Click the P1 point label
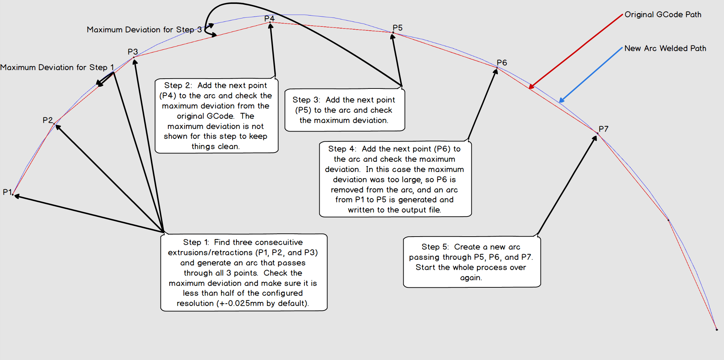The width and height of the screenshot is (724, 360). click(7, 192)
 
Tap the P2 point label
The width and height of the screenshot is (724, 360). click(47, 120)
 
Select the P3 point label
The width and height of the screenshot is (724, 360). click(133, 52)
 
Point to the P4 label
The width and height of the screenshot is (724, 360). click(269, 18)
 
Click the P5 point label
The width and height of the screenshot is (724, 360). click(397, 28)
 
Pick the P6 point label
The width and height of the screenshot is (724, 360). click(502, 63)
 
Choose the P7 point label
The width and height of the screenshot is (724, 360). click(603, 129)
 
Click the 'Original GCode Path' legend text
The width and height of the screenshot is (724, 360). click(663, 14)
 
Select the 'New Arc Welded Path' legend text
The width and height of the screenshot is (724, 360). click(665, 48)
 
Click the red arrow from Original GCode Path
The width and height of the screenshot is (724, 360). click(576, 51)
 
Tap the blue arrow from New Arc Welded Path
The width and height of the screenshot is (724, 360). click(591, 75)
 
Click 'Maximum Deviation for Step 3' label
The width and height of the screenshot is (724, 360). click(144, 30)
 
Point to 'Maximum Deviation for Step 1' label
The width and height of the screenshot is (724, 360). click(57, 67)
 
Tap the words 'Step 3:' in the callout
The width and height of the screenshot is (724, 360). click(306, 100)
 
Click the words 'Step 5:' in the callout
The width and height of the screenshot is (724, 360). click(435, 247)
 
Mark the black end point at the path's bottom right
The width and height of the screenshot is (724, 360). click(717, 329)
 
